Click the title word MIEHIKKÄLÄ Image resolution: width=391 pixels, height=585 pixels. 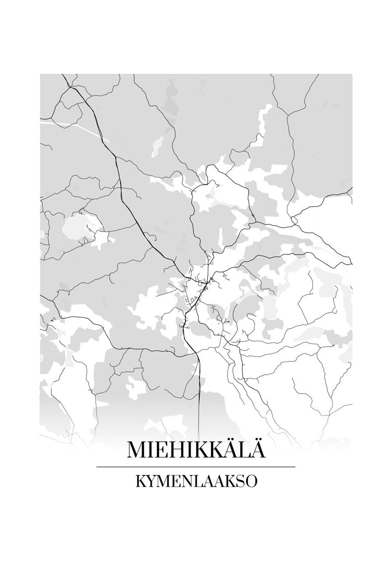tap(195, 450)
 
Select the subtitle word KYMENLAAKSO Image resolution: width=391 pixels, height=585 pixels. tap(196, 481)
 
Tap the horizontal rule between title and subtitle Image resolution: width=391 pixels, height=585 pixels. tap(195, 467)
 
